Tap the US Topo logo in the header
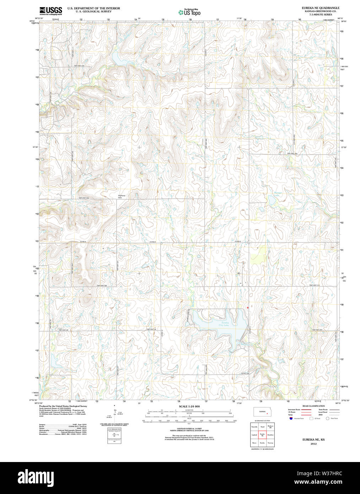189,12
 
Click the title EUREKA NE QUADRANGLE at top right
320,8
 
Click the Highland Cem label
122,197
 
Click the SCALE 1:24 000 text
189,406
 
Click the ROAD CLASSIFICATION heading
313,406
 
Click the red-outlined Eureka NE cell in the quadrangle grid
262,435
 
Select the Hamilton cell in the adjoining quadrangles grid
270,435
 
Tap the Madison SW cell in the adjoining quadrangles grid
270,426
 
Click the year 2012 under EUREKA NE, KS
313,444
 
